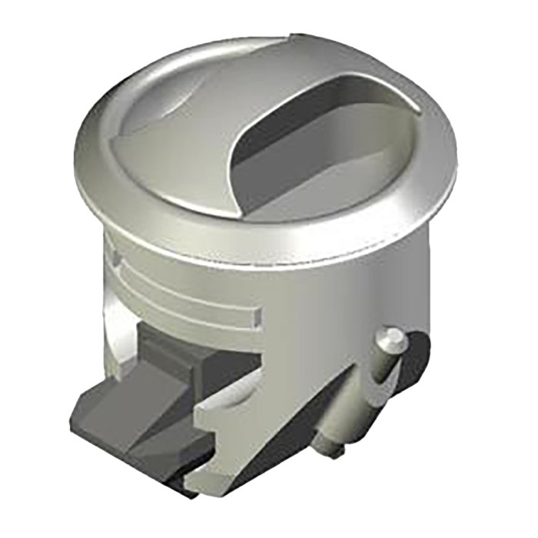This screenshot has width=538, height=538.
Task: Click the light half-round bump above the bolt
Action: (231, 400)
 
